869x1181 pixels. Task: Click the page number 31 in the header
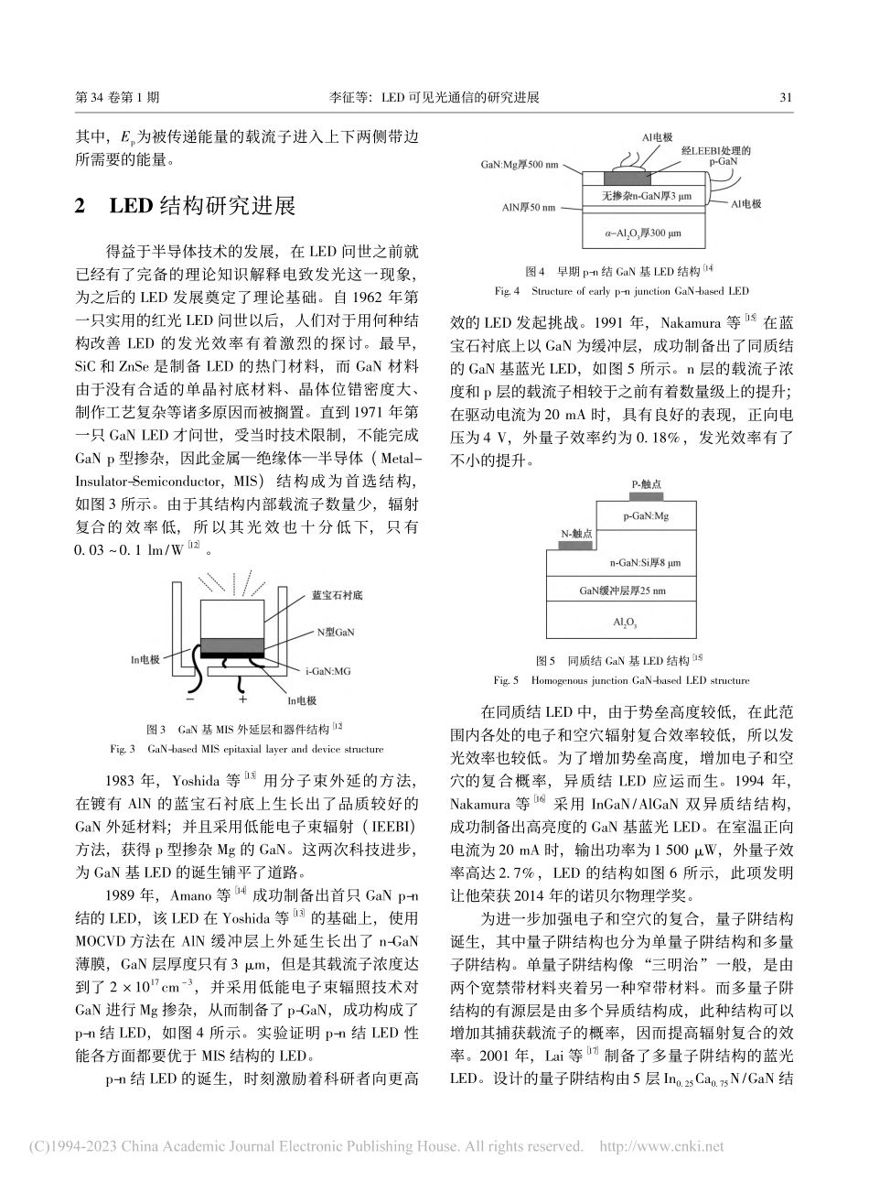pyautogui.click(x=785, y=97)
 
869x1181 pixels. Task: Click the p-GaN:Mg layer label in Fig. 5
pyautogui.click(x=647, y=516)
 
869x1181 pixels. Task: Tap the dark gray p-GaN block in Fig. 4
pyautogui.click(x=628, y=179)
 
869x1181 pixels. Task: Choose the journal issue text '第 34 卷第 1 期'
pyautogui.click(x=118, y=97)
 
